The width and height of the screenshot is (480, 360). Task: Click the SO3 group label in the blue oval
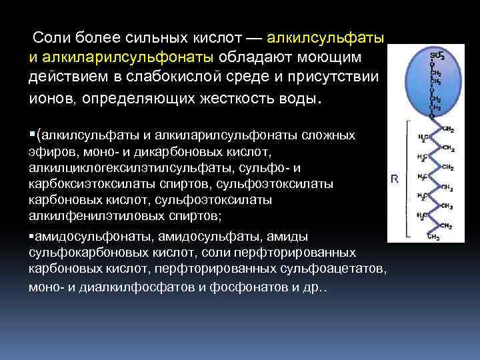pyautogui.click(x=437, y=55)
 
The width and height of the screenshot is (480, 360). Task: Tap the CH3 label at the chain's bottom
pyautogui.click(x=433, y=237)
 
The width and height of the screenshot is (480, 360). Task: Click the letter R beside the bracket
pyautogui.click(x=395, y=179)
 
